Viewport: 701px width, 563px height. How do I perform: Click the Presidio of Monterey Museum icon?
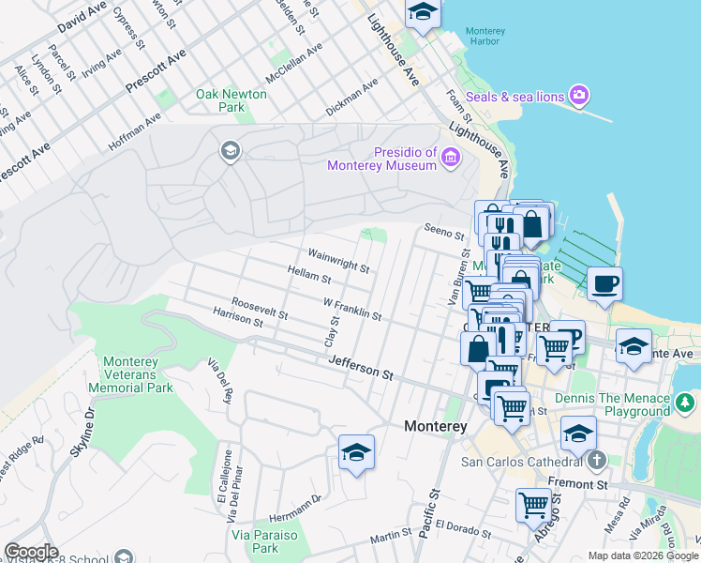coord(451,158)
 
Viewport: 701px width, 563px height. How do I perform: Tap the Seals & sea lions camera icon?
coord(579,95)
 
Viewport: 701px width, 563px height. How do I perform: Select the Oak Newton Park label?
coord(231,100)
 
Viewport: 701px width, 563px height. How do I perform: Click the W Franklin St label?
coord(352,310)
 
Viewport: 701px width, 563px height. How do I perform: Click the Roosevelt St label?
coord(259,306)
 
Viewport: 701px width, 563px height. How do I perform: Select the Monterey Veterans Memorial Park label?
coord(138,374)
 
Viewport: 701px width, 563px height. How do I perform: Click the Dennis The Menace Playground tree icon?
coord(686,403)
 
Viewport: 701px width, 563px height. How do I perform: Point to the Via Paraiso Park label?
coord(255,541)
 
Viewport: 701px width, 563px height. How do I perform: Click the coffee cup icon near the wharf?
coord(604,282)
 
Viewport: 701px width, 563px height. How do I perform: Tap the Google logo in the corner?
coord(30,551)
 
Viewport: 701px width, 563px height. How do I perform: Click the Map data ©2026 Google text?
coord(642,555)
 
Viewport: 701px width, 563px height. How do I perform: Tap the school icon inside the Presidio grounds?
coord(229,150)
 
